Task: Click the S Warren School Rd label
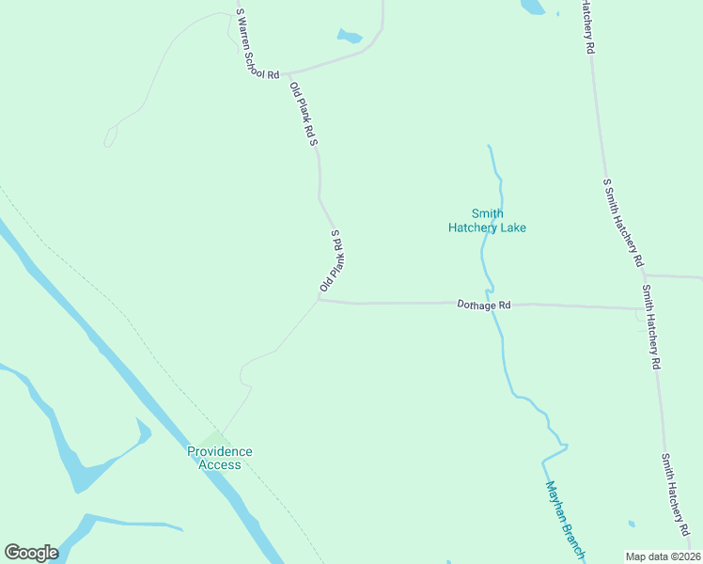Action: click(x=258, y=44)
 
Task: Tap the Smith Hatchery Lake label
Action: click(x=486, y=220)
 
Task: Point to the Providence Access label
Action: click(x=219, y=458)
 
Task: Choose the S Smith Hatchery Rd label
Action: click(x=623, y=222)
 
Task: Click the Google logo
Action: click(x=31, y=553)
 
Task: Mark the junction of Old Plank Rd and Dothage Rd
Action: click(x=320, y=301)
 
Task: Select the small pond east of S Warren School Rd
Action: click(x=350, y=37)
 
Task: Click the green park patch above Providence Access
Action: click(x=215, y=437)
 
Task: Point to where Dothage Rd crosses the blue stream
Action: click(x=492, y=304)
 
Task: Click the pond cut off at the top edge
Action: click(x=533, y=7)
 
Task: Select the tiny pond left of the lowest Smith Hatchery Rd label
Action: click(x=632, y=524)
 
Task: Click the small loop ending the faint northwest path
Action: click(x=110, y=137)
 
